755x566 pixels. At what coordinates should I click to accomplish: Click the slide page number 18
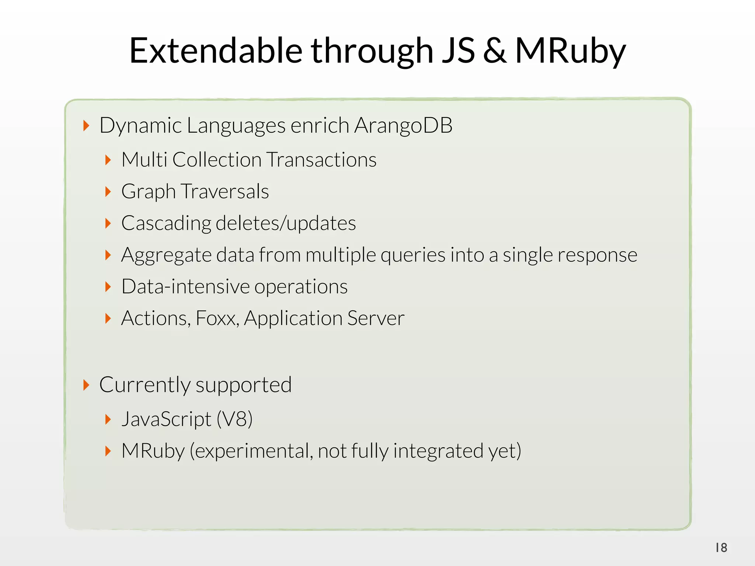point(721,548)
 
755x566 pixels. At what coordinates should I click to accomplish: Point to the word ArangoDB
point(403,125)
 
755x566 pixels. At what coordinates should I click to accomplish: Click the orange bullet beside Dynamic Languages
point(86,126)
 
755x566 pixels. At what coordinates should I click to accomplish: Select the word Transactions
point(321,160)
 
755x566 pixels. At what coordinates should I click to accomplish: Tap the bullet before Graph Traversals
point(108,192)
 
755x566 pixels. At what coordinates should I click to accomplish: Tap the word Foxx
point(217,318)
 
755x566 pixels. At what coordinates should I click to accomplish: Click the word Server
point(376,318)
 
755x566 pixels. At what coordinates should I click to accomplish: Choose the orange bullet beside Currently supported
point(86,385)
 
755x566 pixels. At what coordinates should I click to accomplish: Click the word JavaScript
point(166,419)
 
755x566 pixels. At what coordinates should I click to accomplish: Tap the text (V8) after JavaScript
point(234,419)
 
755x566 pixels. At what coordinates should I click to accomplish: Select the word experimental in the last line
point(251,451)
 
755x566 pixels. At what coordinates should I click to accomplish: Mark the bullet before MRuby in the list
point(108,451)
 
